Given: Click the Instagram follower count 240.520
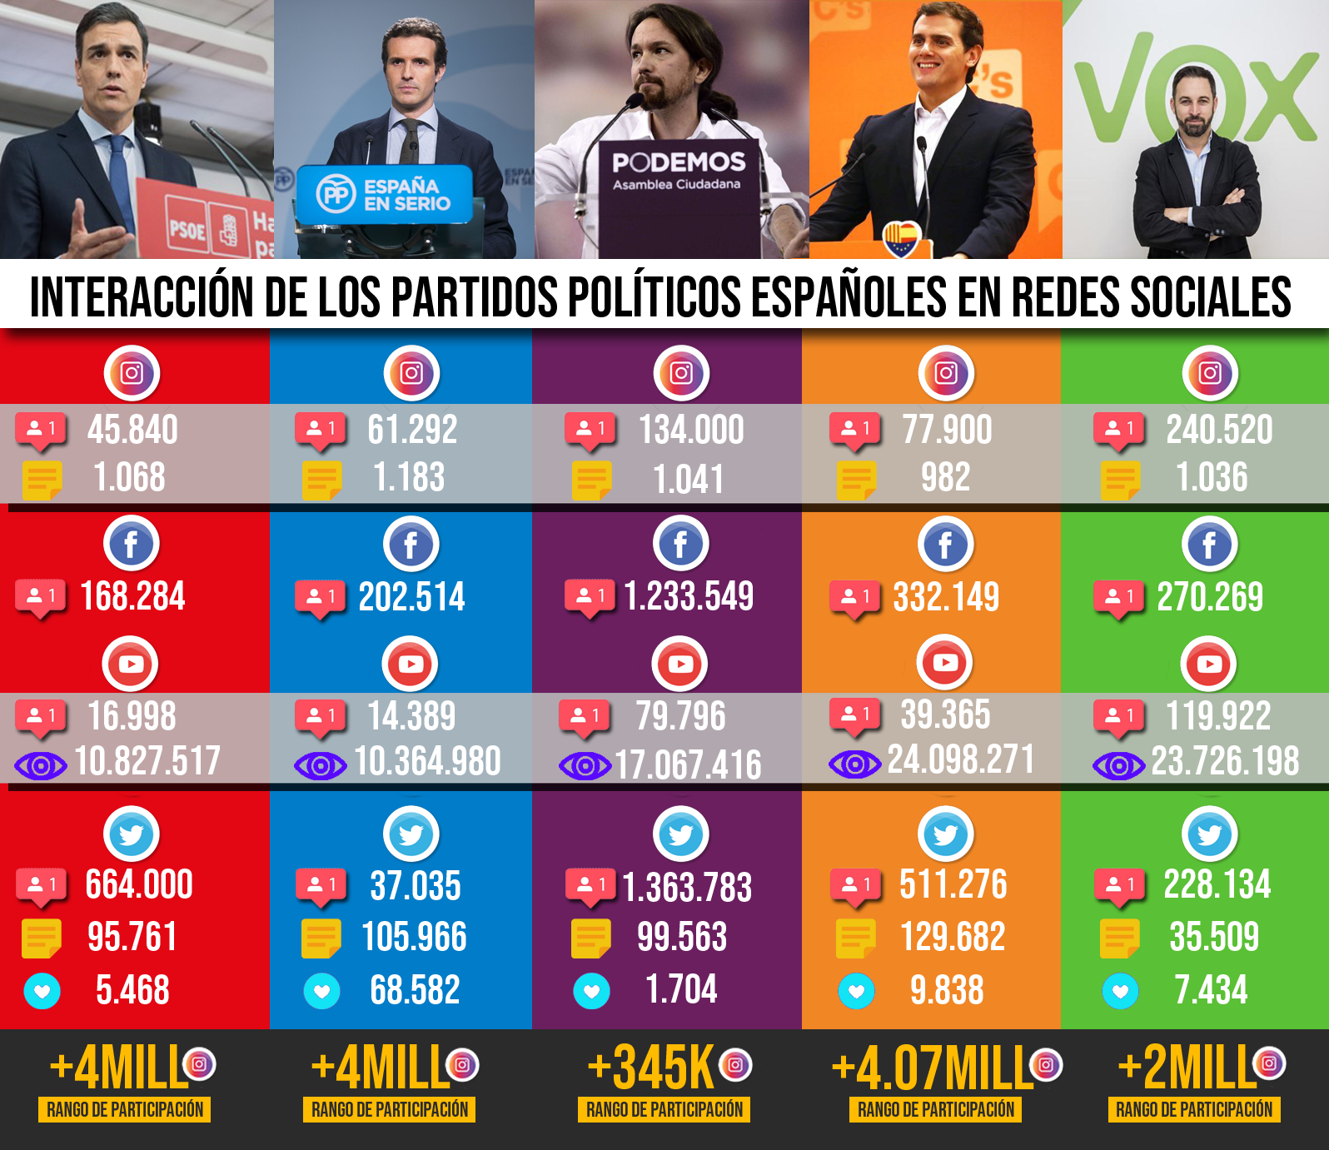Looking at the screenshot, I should [x=1219, y=430].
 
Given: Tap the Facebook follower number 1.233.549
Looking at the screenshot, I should [x=689, y=596].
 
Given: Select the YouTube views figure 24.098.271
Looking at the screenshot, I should [x=960, y=759].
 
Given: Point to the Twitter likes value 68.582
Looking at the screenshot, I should [x=415, y=990].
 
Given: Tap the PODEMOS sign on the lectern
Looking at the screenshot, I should [x=679, y=162].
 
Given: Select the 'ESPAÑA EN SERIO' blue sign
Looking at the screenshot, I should [x=384, y=194].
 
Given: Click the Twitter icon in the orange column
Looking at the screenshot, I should [x=945, y=833].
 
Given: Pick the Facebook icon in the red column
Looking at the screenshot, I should [x=132, y=545].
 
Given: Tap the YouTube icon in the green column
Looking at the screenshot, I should [x=1209, y=664].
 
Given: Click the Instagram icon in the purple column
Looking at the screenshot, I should [x=681, y=372].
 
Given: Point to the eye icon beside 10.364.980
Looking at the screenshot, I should [x=320, y=765].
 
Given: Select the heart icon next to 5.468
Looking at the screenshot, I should [x=42, y=991].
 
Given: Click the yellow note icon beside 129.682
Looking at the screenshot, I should [x=856, y=938].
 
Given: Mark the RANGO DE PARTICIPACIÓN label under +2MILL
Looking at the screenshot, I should [x=1194, y=1109].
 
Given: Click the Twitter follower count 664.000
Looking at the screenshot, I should [x=139, y=884].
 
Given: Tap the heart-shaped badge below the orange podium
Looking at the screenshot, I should [x=900, y=238].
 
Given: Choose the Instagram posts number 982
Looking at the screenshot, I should [x=945, y=477].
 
